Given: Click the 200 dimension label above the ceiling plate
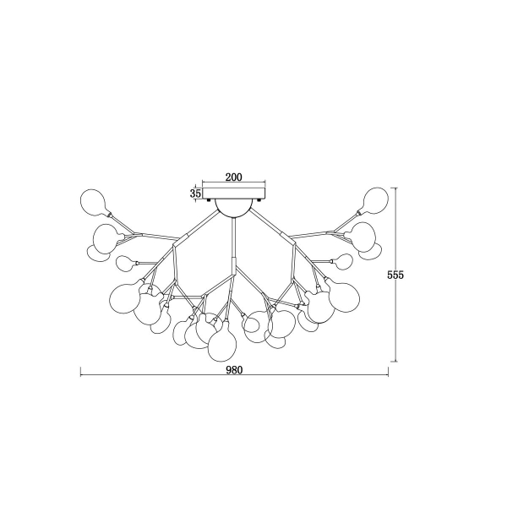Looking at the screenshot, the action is point(233,177).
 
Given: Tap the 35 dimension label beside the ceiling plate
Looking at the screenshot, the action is point(195,194).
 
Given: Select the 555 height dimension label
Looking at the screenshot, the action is point(395,275).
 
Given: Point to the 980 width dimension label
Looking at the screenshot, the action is point(234,370).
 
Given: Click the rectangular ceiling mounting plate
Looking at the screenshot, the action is point(233,194).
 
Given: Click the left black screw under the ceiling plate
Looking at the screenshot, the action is point(209,199).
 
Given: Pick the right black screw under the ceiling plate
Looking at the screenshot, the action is point(259,199).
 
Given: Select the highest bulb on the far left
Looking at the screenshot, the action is point(93,203).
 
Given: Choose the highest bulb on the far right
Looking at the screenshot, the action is point(375,201).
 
